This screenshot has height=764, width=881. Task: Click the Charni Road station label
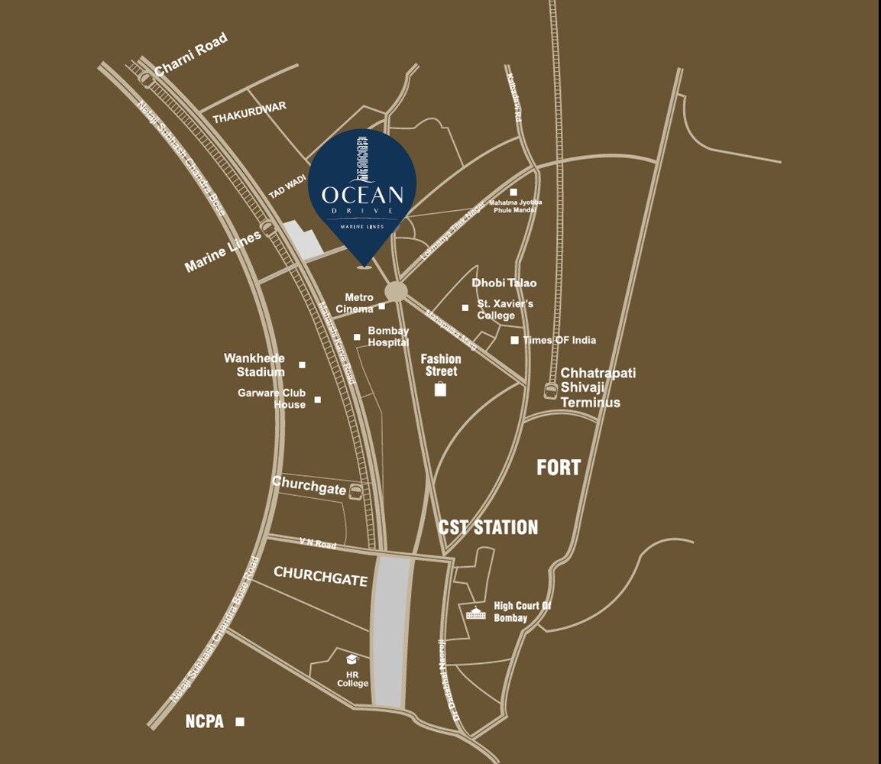pyautogui.click(x=190, y=54)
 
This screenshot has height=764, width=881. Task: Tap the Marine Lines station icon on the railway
pyautogui.click(x=267, y=226)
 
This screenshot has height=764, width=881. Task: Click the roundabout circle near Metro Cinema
pyautogui.click(x=396, y=291)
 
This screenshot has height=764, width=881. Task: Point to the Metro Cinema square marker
pyautogui.click(x=382, y=307)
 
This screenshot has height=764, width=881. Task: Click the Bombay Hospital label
pyautogui.click(x=388, y=337)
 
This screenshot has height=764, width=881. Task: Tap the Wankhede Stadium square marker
pyautogui.click(x=302, y=365)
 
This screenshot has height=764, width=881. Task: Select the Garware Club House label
pyautogui.click(x=271, y=399)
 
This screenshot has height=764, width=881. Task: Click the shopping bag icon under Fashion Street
pyautogui.click(x=440, y=390)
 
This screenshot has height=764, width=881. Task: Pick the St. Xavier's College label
pyautogui.click(x=505, y=309)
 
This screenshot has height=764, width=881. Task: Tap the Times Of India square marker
pyautogui.click(x=514, y=340)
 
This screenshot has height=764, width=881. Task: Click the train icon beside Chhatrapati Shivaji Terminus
pyautogui.click(x=550, y=391)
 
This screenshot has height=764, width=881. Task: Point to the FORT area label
pyautogui.click(x=559, y=468)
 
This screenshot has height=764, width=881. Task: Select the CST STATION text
pyautogui.click(x=487, y=527)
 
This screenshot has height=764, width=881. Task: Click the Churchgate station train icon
pyautogui.click(x=355, y=493)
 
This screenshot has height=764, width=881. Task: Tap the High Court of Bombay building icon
pyautogui.click(x=476, y=613)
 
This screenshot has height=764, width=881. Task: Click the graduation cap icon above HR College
pyautogui.click(x=351, y=659)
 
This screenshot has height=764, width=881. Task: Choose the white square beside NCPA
pyautogui.click(x=240, y=721)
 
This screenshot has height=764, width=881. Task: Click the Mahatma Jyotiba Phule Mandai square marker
pyautogui.click(x=513, y=192)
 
